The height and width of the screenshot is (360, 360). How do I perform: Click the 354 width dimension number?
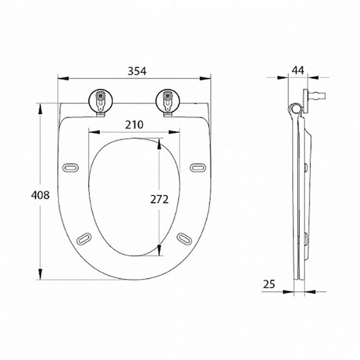click(137, 71)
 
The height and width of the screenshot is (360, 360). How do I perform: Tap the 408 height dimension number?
click(40, 195)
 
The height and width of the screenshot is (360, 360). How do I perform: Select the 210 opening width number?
click(134, 125)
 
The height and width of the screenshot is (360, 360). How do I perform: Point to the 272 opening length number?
click(160, 199)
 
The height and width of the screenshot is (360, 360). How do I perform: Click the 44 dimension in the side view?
click(298, 70)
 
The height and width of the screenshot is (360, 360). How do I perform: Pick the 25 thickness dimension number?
click(269, 284)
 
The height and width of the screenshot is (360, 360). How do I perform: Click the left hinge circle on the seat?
click(101, 101)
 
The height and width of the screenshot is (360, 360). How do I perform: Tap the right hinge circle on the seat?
click(168, 101)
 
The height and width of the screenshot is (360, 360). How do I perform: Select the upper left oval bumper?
click(70, 167)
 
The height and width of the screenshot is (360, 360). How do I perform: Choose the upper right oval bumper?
click(198, 167)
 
